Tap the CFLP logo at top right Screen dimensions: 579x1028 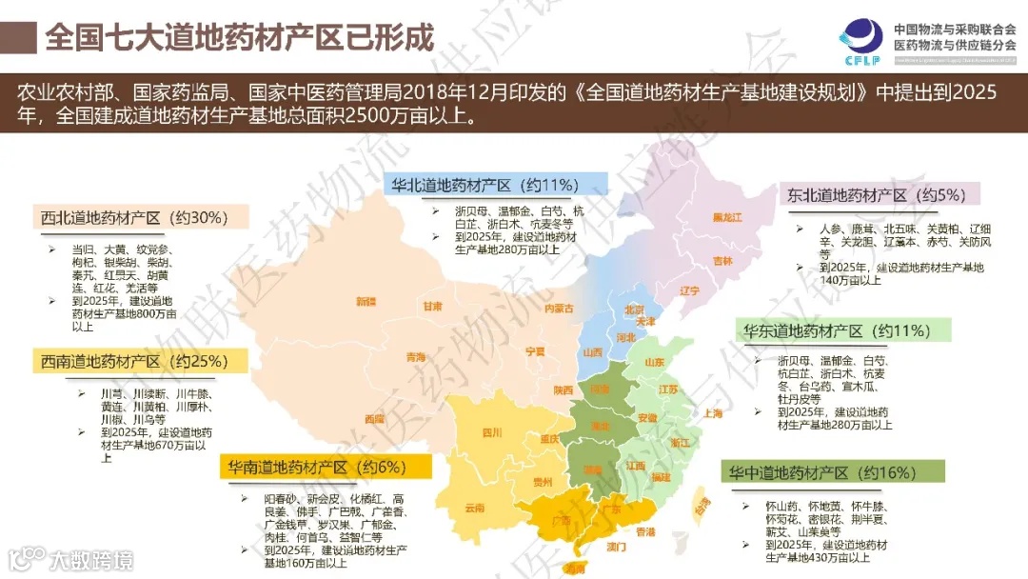(x=860, y=38)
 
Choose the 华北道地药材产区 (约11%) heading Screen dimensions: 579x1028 (x=485, y=185)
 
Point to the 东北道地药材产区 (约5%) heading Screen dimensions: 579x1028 (x=877, y=195)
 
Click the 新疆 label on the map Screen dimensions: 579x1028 (x=366, y=302)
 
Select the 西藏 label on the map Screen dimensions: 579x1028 (x=374, y=418)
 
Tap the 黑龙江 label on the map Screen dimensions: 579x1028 (x=727, y=217)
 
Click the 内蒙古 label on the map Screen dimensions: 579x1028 (x=558, y=309)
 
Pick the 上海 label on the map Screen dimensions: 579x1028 (x=712, y=413)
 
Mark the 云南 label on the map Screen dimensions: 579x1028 (x=475, y=508)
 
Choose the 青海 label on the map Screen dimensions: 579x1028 (x=416, y=358)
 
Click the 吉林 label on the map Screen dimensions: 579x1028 (x=723, y=261)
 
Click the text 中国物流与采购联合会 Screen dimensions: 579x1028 (x=955, y=30)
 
